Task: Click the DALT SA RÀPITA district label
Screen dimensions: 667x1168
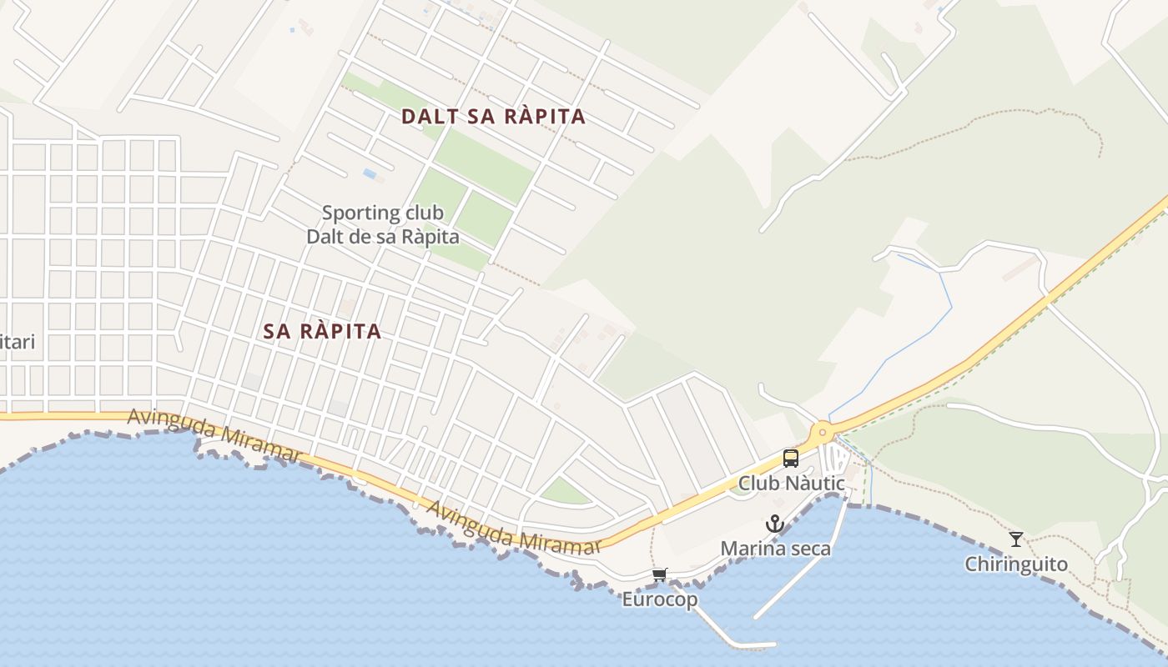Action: click(493, 117)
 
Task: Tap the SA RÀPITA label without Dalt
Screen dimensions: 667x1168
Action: click(322, 331)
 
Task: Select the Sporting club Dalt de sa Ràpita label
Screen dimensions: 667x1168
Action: click(383, 224)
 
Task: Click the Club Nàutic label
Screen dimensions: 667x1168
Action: click(791, 484)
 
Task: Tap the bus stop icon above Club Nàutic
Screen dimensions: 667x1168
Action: click(790, 459)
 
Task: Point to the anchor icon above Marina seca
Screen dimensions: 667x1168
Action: click(775, 524)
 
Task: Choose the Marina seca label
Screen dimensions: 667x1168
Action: click(775, 549)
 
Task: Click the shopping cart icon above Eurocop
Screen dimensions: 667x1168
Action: click(660, 574)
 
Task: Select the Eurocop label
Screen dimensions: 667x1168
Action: click(659, 599)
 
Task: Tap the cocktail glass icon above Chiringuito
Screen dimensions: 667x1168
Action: click(1015, 539)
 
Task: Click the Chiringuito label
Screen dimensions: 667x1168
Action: click(1015, 564)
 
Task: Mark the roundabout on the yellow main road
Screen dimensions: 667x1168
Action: click(823, 432)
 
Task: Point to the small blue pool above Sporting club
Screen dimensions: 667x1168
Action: click(370, 173)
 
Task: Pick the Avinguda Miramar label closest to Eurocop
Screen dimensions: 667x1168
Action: click(514, 528)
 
